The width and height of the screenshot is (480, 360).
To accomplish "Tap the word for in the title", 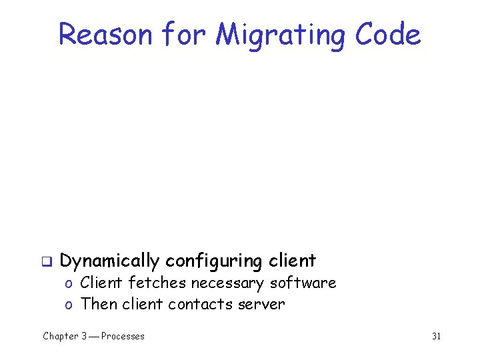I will (183, 35).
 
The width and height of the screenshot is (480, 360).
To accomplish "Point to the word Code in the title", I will (387, 35).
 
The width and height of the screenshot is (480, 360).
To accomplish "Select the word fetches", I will (157, 283).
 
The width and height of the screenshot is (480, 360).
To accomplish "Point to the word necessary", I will (229, 283).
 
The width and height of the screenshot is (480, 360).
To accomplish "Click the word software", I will (303, 283).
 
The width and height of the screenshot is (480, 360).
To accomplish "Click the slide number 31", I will (436, 336).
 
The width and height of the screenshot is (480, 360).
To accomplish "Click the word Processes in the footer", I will (123, 336).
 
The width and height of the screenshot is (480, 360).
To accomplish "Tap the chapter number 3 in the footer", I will (84, 336).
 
